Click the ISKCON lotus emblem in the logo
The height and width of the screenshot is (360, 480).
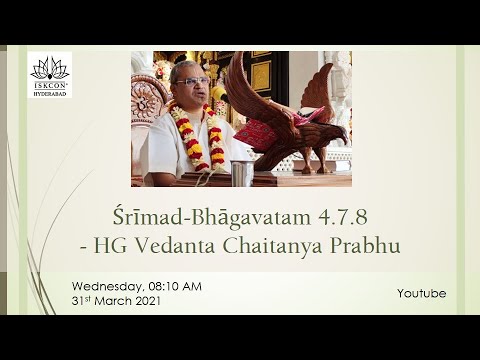point(49,68)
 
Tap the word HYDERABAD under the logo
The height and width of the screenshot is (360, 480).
point(49,92)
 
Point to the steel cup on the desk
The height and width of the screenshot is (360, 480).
point(242,173)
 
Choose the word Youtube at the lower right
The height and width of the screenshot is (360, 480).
point(421,293)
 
